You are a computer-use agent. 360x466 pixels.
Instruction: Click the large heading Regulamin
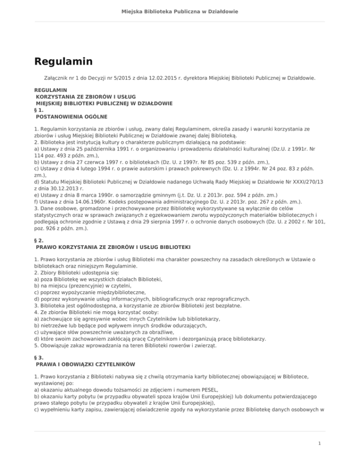pos(63,61)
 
